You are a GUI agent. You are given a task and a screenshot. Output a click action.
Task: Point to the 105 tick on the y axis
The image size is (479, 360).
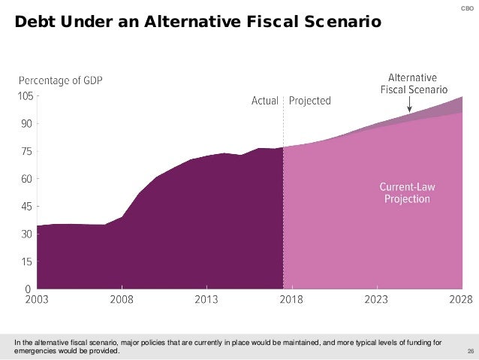pyautogui.click(x=25, y=96)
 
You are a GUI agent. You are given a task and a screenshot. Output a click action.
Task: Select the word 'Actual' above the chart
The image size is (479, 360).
pyautogui.click(x=265, y=101)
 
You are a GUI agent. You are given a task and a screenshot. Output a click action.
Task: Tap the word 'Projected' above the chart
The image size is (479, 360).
pyautogui.click(x=309, y=101)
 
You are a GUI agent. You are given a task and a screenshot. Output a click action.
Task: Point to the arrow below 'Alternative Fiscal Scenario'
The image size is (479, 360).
pyautogui.click(x=408, y=106)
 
